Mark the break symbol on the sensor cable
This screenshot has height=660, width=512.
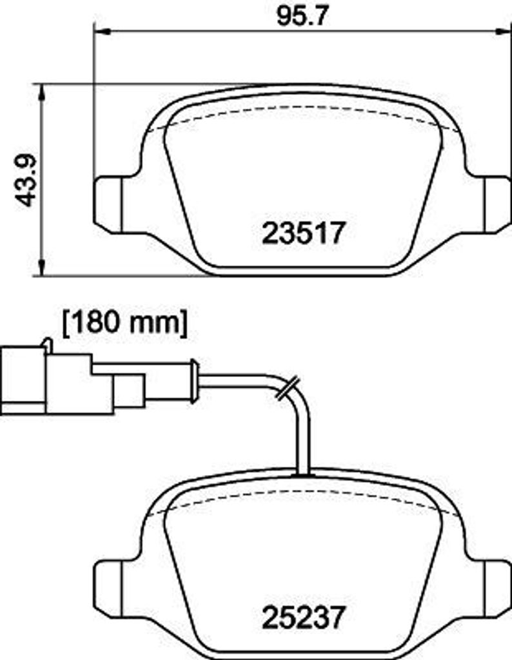click(286, 389)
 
